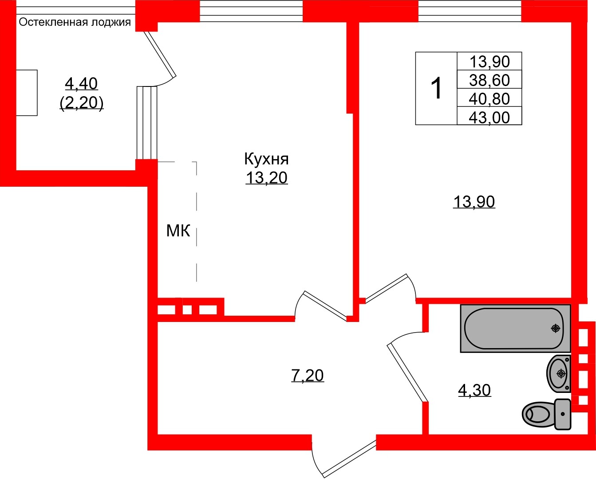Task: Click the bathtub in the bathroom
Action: coord(515,328)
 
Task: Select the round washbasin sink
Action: coord(558,373)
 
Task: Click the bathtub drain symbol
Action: coord(555,328)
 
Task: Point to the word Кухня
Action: coord(266,159)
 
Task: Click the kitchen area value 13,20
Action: coord(266,178)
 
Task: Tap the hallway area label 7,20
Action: coord(307,376)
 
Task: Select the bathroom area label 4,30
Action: coord(474,390)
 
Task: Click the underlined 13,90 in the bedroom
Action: coord(474,202)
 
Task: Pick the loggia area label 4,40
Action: coord(81,83)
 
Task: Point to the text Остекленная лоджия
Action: coord(75,22)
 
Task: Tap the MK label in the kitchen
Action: coord(178,231)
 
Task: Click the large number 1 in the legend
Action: coord(437,88)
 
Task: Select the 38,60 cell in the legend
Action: coord(489,80)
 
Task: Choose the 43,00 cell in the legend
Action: coord(489,118)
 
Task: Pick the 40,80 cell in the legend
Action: coord(489,99)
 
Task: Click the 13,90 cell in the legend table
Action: coord(489,62)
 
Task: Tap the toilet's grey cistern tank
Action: coord(563,414)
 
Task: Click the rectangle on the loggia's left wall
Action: coord(27,93)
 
